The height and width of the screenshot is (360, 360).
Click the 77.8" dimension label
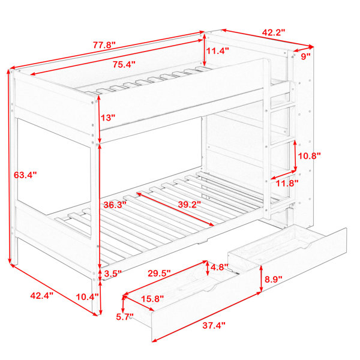tap(104, 45)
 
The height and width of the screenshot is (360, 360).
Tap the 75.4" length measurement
tap(124, 65)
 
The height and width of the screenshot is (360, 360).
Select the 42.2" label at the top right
tap(274, 32)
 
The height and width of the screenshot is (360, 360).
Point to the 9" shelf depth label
tap(306, 56)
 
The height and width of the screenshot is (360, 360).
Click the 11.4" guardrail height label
tap(217, 51)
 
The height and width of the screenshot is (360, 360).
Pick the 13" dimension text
tap(107, 118)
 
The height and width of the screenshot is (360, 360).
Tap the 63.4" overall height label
tap(25, 175)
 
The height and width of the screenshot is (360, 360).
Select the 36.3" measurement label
tap(115, 205)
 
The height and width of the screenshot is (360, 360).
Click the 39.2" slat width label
tap(190, 205)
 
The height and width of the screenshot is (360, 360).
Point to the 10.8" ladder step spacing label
tap(309, 156)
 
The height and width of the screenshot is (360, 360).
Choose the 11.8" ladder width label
tap(287, 183)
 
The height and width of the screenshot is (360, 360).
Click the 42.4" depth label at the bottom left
tap(42, 295)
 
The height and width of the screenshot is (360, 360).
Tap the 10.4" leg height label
tap(87, 297)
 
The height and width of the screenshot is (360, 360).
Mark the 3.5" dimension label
tap(113, 274)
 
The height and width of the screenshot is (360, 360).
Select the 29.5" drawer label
tap(159, 273)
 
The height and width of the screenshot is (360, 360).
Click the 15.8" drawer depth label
tap(152, 299)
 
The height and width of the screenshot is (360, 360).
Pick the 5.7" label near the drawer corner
tap(125, 317)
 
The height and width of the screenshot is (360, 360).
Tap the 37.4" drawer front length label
tap(214, 325)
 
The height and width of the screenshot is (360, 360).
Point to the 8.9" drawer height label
tap(273, 280)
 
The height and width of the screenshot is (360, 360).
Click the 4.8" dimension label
tap(219, 268)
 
